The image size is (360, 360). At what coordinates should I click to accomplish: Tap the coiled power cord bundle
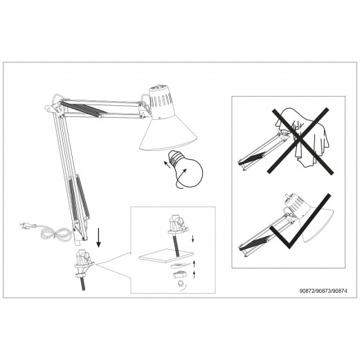click(55, 233)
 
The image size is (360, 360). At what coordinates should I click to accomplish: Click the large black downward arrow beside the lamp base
click(99, 237)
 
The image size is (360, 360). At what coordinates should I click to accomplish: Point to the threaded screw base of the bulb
click(174, 157)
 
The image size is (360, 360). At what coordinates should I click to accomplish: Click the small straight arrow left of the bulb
click(167, 164)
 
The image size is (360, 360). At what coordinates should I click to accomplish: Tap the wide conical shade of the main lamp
click(168, 134)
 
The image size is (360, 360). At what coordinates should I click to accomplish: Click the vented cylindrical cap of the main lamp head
click(161, 102)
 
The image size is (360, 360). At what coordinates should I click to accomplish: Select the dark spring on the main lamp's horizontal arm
click(84, 108)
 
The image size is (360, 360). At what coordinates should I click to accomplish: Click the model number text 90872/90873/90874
click(323, 291)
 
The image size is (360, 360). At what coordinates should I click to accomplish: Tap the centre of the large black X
click(300, 141)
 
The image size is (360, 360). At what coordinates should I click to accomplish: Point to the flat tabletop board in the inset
click(165, 255)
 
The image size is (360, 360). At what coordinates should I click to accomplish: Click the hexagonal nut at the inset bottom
click(180, 283)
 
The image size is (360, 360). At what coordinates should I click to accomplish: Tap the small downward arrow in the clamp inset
click(193, 239)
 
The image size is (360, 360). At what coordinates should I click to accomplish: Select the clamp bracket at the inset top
click(178, 224)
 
